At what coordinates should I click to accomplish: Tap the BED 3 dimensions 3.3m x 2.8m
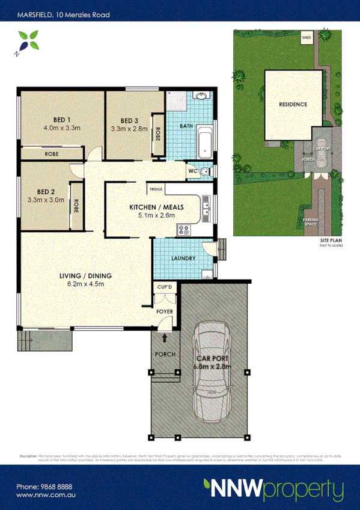pyautogui.click(x=129, y=128)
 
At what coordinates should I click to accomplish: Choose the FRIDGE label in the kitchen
pyautogui.click(x=156, y=189)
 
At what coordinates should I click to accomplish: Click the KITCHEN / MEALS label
pyautogui.click(x=156, y=207)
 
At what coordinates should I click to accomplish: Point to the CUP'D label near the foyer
pyautogui.click(x=164, y=287)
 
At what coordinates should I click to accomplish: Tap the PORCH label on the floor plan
pyautogui.click(x=165, y=354)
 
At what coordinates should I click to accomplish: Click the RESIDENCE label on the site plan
pyautogui.click(x=293, y=104)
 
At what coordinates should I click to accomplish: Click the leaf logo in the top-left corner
pyautogui.click(x=25, y=43)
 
